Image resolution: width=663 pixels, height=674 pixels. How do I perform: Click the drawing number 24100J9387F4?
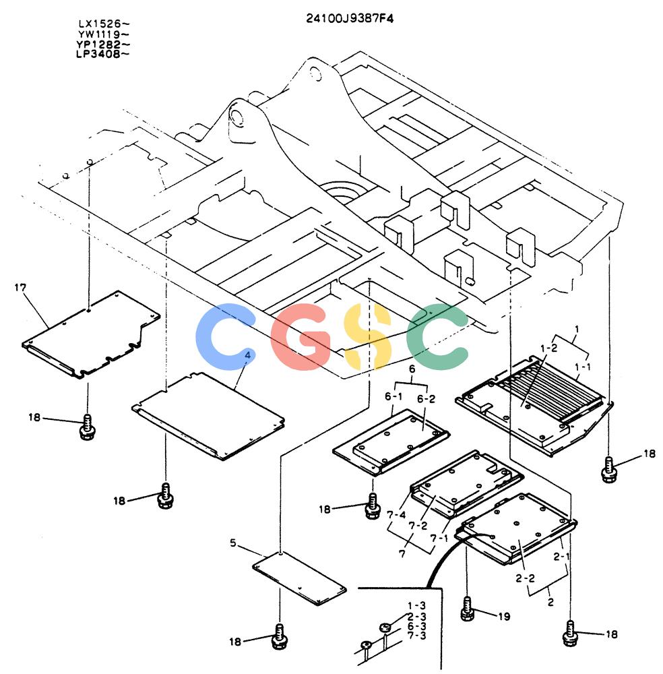click(x=350, y=18)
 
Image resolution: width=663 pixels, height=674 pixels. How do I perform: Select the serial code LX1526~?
click(x=104, y=24)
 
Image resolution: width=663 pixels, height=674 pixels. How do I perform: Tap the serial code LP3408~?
click(x=102, y=54)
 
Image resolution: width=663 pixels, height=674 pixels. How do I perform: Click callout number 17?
click(x=20, y=288)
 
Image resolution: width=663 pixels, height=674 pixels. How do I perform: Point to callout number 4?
click(x=247, y=355)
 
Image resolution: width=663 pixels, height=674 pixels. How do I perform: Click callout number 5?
click(x=233, y=543)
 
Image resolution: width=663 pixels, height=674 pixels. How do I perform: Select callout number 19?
click(x=504, y=617)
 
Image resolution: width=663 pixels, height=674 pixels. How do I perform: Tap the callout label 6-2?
click(x=426, y=399)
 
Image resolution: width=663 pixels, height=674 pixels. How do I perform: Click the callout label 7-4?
click(x=396, y=514)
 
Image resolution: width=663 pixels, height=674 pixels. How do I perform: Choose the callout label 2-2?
click(x=525, y=578)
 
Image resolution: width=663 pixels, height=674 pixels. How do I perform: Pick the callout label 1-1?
click(x=583, y=367)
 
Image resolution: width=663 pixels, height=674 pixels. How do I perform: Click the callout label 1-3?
click(x=416, y=606)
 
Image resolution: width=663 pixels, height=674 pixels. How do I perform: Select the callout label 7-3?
click(x=416, y=636)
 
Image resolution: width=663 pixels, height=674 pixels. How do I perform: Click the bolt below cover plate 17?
click(x=87, y=427)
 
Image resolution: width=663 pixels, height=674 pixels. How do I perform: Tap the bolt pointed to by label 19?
click(x=467, y=609)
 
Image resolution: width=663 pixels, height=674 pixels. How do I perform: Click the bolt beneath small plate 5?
click(x=280, y=637)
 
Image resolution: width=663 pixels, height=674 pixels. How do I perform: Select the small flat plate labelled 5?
click(x=299, y=579)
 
